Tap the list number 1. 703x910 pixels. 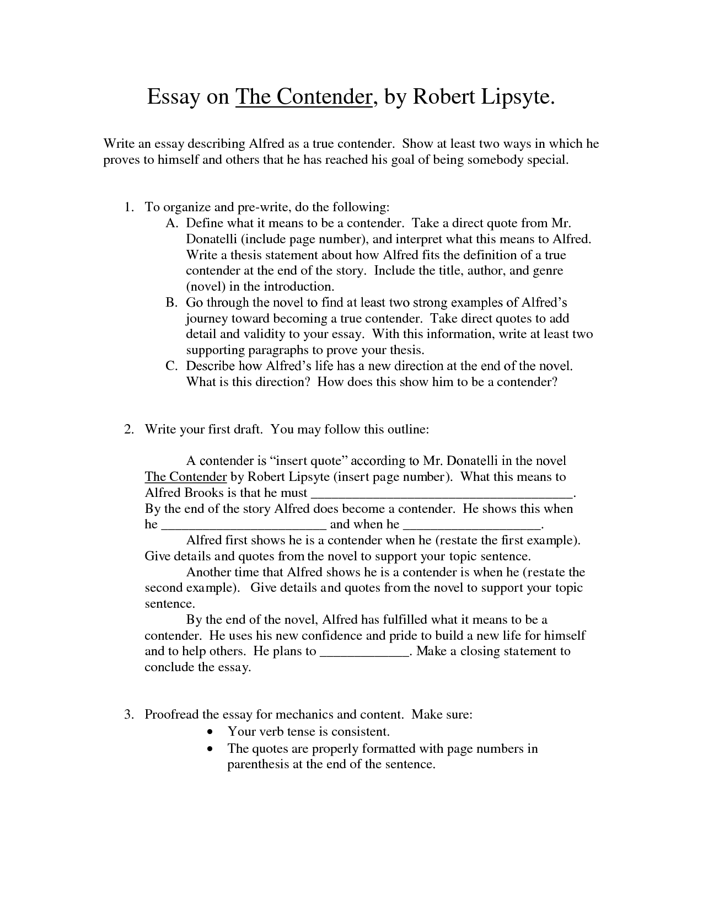click(x=128, y=207)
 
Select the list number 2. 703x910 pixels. click(x=128, y=430)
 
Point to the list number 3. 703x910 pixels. click(x=128, y=715)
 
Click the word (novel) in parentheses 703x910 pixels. click(x=206, y=287)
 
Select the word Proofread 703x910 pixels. click(x=171, y=715)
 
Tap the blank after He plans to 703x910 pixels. click(x=364, y=653)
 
